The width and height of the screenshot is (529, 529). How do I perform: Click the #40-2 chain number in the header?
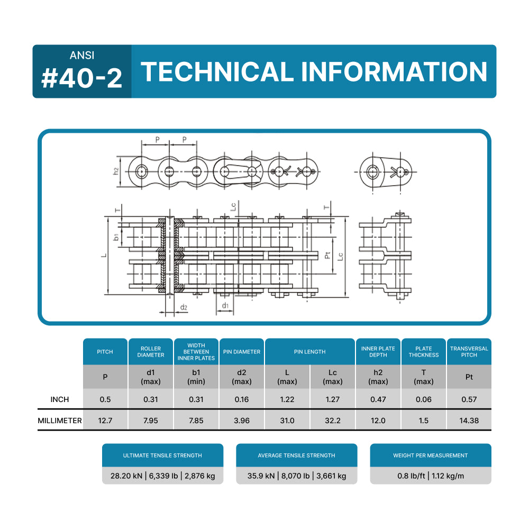(x=82, y=78)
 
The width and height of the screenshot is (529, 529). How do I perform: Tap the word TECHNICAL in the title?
(x=217, y=72)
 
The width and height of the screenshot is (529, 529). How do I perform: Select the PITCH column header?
(x=105, y=352)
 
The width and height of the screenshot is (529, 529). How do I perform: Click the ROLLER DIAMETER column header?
(x=151, y=352)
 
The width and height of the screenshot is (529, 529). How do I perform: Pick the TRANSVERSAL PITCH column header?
(x=469, y=352)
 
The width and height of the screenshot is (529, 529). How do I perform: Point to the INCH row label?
(x=59, y=399)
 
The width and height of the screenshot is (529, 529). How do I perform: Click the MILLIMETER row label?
(x=60, y=421)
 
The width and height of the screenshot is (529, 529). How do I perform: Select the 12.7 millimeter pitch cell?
(x=105, y=421)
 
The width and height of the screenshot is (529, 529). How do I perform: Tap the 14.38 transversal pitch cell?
(x=469, y=421)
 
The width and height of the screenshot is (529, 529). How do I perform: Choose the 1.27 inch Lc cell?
(x=332, y=399)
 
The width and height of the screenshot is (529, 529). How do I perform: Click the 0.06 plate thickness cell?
(x=423, y=399)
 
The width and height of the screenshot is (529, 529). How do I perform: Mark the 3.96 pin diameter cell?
(x=241, y=421)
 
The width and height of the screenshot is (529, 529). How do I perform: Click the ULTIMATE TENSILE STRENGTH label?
(x=162, y=455)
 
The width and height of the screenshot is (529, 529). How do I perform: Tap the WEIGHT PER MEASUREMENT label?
(x=430, y=455)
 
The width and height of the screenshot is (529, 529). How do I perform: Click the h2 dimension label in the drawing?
(x=116, y=171)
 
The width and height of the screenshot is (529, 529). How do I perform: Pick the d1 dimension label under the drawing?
(x=225, y=305)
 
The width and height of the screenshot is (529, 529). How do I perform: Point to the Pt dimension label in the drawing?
(x=328, y=256)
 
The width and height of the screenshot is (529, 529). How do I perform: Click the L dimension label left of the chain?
(x=104, y=256)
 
